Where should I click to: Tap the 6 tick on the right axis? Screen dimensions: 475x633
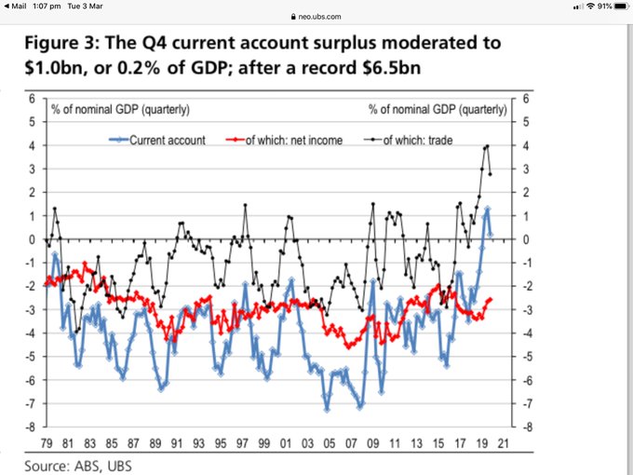click(526, 98)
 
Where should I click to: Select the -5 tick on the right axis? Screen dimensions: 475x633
click(526, 357)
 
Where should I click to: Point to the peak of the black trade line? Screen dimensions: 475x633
click(487, 146)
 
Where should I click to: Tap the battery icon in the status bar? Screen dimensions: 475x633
click(618, 7)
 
